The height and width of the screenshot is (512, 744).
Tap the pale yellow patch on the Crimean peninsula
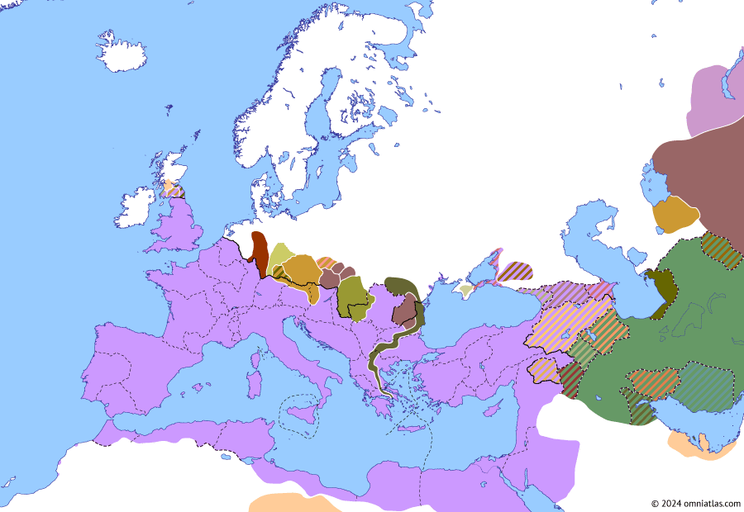466,291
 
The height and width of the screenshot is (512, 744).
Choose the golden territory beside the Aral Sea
675,215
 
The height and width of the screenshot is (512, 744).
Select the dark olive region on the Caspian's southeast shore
661,289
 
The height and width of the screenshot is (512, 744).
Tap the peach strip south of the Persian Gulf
699,446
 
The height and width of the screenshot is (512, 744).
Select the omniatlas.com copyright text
694,503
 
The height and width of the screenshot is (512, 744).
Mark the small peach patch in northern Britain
169,188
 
